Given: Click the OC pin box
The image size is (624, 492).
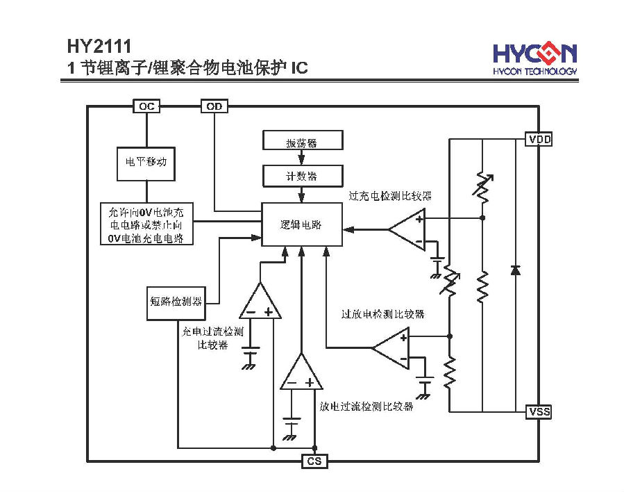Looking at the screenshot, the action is (146, 106).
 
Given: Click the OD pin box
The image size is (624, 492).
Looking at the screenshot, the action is (214, 106).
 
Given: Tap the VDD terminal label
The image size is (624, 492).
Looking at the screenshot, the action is (539, 139).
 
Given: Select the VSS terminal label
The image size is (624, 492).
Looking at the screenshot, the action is (539, 411).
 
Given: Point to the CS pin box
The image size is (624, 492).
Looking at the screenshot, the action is (314, 461).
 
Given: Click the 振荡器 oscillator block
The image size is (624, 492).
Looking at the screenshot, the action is (303, 140).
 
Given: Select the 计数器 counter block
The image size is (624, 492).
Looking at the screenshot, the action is (303, 176).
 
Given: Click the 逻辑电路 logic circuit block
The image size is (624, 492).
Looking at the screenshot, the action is (302, 224).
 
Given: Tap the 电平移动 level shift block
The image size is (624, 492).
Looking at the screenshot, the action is (146, 164).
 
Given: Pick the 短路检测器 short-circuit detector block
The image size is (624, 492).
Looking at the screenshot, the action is (176, 303).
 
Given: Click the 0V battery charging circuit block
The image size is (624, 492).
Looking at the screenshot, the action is (146, 224).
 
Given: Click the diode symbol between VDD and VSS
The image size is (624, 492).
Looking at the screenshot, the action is (515, 270).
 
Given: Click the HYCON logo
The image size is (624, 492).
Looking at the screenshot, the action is (535, 58).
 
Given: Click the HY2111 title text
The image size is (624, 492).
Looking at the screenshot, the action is (99, 47).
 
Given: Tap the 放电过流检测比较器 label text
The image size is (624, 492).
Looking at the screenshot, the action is (366, 407).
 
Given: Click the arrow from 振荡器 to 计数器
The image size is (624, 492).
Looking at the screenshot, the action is (302, 158).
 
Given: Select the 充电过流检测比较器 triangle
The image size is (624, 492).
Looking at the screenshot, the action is (260, 301).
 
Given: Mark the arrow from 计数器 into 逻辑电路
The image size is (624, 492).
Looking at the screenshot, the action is (302, 195).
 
